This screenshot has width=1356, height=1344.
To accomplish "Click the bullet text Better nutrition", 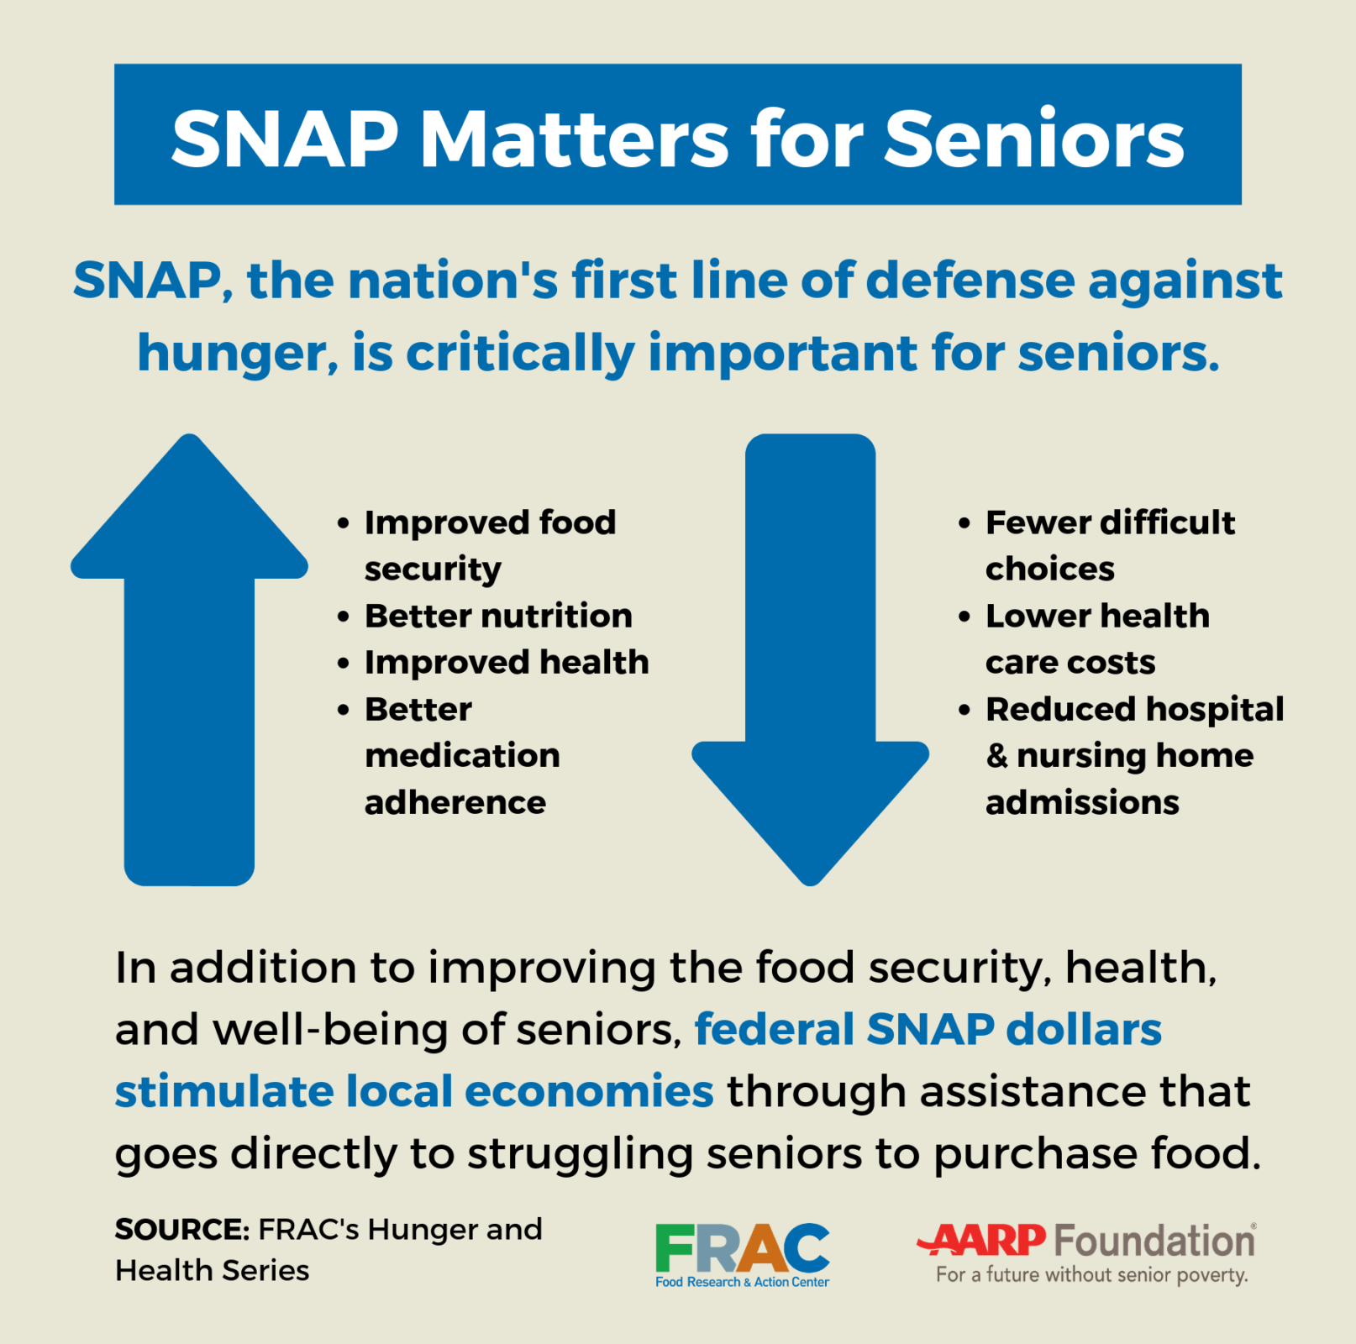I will (498, 616).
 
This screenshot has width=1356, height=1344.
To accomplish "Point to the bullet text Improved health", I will (507, 663).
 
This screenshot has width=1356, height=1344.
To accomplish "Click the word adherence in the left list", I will (455, 803).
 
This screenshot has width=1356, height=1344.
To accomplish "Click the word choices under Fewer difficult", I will (1049, 570).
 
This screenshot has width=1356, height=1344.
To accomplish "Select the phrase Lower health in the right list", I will (1097, 616).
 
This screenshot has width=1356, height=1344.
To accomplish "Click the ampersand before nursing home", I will (997, 755).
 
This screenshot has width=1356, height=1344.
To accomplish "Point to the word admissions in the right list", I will (1082, 803).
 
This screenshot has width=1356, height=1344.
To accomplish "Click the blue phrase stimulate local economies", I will (414, 1091).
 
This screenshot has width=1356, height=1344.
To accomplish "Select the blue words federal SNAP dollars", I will (928, 1029).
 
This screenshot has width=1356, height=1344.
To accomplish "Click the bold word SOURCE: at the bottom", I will (181, 1230).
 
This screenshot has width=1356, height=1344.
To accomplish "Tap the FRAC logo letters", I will (742, 1248).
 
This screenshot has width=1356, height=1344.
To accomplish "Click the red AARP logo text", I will (983, 1240).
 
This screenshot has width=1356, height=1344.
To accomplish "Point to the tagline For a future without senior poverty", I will (1091, 1275).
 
